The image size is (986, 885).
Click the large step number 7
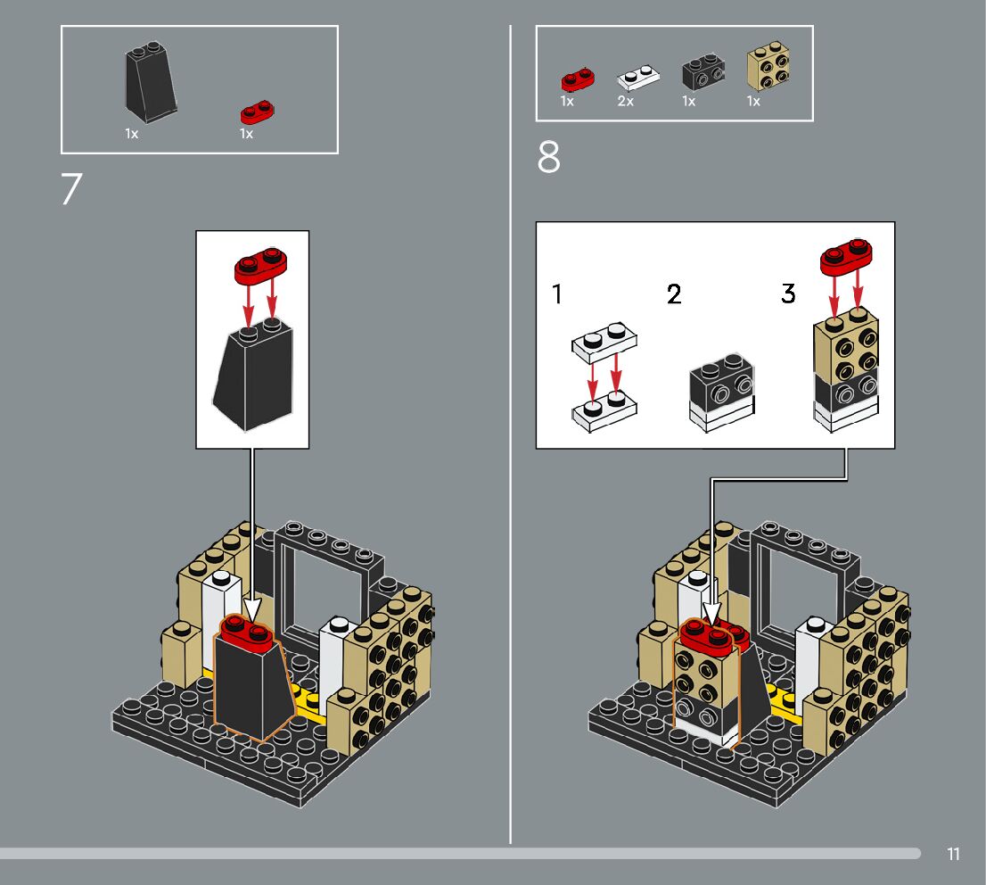71,189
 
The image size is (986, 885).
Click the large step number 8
548,157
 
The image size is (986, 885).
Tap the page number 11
953,854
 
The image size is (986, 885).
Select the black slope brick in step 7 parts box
151,82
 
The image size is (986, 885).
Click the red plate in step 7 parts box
257,112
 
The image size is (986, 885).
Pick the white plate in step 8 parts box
638,77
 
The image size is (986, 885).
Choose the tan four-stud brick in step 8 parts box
768,65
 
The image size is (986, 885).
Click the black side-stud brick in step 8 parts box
703,72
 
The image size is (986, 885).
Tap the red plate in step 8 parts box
578,79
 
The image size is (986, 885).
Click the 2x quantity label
625,102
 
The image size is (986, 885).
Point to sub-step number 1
556,294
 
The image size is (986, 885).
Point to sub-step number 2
674,294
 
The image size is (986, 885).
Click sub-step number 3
789,294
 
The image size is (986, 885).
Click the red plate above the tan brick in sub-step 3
846,257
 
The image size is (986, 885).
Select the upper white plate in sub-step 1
604,343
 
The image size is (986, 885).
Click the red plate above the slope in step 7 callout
260,266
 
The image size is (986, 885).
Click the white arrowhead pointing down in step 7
252,610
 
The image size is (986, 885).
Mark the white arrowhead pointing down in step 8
711,613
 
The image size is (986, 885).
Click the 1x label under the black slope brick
131,134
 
